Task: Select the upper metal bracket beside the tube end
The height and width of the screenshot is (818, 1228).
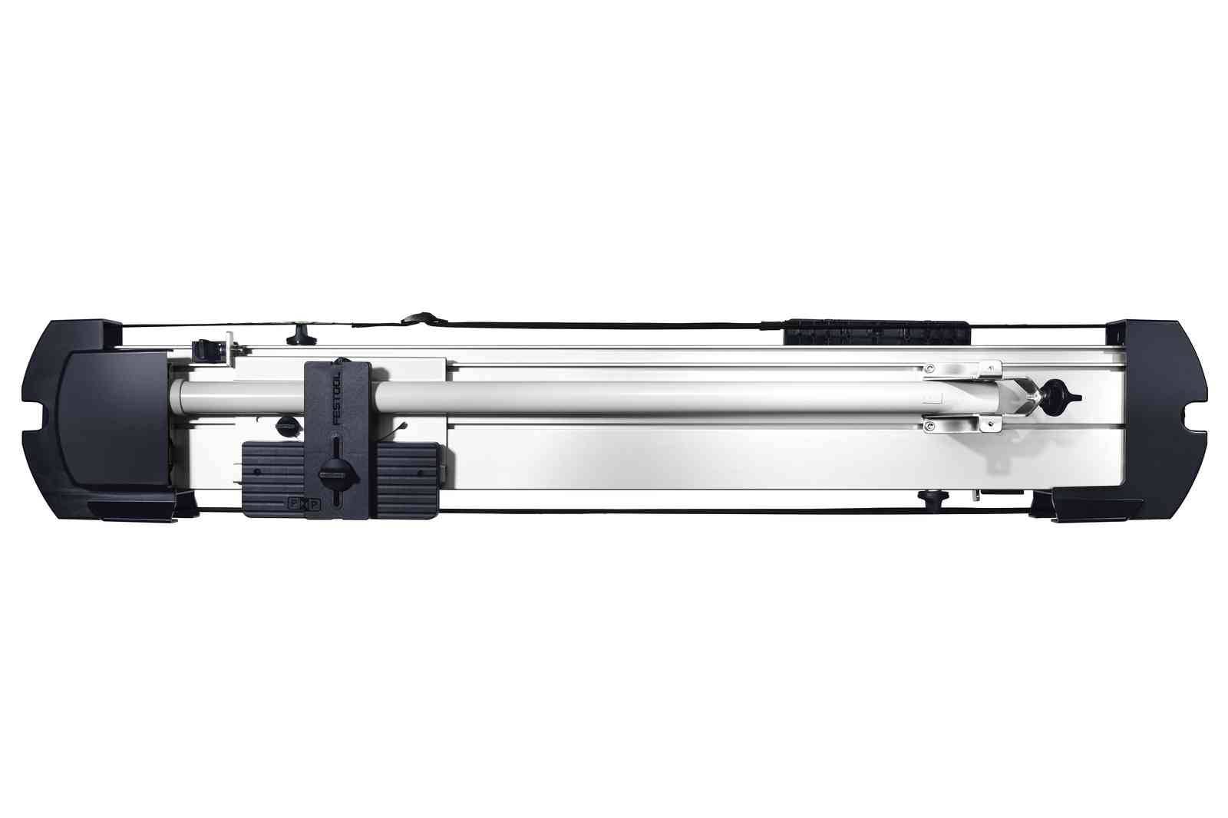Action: (964, 370)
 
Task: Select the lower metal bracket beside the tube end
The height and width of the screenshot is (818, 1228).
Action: (964, 422)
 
